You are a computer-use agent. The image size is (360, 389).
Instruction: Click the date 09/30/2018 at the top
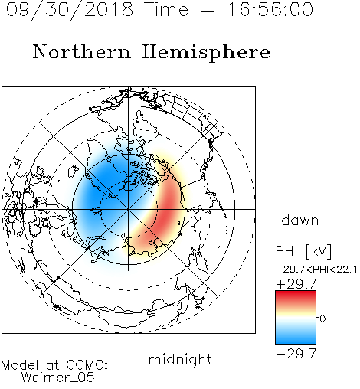[x=70, y=10]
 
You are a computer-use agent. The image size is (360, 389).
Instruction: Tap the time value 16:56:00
[x=270, y=9]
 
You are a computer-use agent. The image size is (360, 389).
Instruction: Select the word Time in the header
[x=166, y=9]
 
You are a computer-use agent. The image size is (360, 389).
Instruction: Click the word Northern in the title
[x=82, y=51]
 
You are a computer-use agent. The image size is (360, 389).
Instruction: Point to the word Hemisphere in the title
[x=206, y=53]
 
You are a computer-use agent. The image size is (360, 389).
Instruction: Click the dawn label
[x=300, y=220]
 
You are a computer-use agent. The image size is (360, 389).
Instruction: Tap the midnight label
[x=180, y=359]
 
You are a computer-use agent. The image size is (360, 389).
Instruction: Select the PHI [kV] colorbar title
[x=303, y=251]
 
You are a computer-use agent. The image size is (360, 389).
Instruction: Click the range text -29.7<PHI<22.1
[x=316, y=270]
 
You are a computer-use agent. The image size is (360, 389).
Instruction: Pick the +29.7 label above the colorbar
[x=296, y=283]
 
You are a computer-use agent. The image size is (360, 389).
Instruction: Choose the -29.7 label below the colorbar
[x=296, y=354]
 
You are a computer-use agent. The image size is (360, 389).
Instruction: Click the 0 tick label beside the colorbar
[x=322, y=319]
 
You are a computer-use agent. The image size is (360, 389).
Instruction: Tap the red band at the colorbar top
[x=296, y=296]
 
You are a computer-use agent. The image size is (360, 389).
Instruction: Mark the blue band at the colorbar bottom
[x=296, y=338]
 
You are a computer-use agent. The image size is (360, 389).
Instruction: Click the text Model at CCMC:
[x=54, y=365]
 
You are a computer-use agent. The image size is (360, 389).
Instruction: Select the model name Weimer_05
[x=58, y=377]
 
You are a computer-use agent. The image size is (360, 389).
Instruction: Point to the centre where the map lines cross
[x=129, y=209]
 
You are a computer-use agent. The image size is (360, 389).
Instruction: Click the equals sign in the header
[x=208, y=11]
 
